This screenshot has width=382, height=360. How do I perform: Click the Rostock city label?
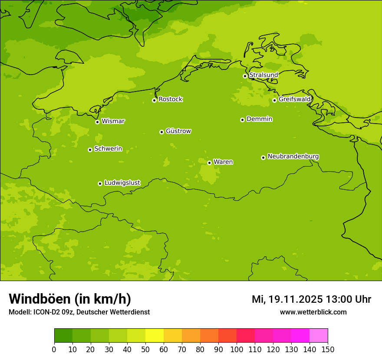coord(170,99)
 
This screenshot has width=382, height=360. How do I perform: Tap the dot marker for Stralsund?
coord(245,76)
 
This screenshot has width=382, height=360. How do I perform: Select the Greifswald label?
coord(294,99)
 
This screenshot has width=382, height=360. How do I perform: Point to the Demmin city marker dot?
coord(242,120)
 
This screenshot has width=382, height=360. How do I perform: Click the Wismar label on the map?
coord(113,121)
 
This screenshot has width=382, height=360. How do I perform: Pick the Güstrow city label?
coord(178,131)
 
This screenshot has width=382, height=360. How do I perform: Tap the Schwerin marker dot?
coord(90,150)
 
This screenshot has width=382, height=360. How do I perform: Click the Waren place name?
coord(223,162)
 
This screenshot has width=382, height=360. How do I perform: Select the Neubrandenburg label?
coord(293,156)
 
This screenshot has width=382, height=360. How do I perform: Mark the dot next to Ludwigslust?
coord(100,183)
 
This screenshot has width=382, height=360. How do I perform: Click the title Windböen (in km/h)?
coord(70,299)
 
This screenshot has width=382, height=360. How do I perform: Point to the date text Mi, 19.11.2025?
coord(286,299)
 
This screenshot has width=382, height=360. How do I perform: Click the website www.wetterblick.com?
coord(313,312)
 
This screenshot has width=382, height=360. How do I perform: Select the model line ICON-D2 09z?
coord(79,312)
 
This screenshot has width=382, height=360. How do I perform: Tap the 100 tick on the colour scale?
coord(237,349)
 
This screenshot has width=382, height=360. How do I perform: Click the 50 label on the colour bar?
coord(145,349)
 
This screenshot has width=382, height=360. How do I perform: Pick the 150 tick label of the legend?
coord(328,349)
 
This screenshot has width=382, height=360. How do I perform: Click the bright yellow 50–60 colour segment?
coord(155,336)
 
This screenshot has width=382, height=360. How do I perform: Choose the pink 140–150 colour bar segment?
coord(319,336)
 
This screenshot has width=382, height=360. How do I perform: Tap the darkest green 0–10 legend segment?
coord(63,336)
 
